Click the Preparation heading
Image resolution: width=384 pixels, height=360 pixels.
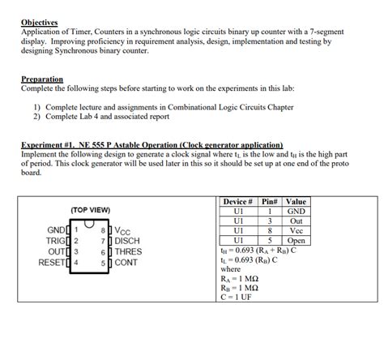coord(42,79)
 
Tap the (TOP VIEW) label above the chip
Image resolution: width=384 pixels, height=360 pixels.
coord(90,209)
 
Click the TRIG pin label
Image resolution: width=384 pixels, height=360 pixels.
coord(58,241)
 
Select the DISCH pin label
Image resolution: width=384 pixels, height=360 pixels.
coord(128,241)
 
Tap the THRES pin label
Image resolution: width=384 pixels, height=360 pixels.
coord(129,251)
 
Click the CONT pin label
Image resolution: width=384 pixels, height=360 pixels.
coord(127,262)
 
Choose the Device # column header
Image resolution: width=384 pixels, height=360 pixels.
coord(237,202)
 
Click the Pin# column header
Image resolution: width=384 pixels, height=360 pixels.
coord(269,202)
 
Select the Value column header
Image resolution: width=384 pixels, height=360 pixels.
coord(297,202)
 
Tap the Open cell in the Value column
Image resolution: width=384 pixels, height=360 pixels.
coord(297,241)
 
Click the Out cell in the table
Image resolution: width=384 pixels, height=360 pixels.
coord(297,221)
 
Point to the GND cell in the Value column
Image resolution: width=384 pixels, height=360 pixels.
coord(297,212)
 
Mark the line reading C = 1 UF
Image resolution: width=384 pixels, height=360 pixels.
coord(242,298)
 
